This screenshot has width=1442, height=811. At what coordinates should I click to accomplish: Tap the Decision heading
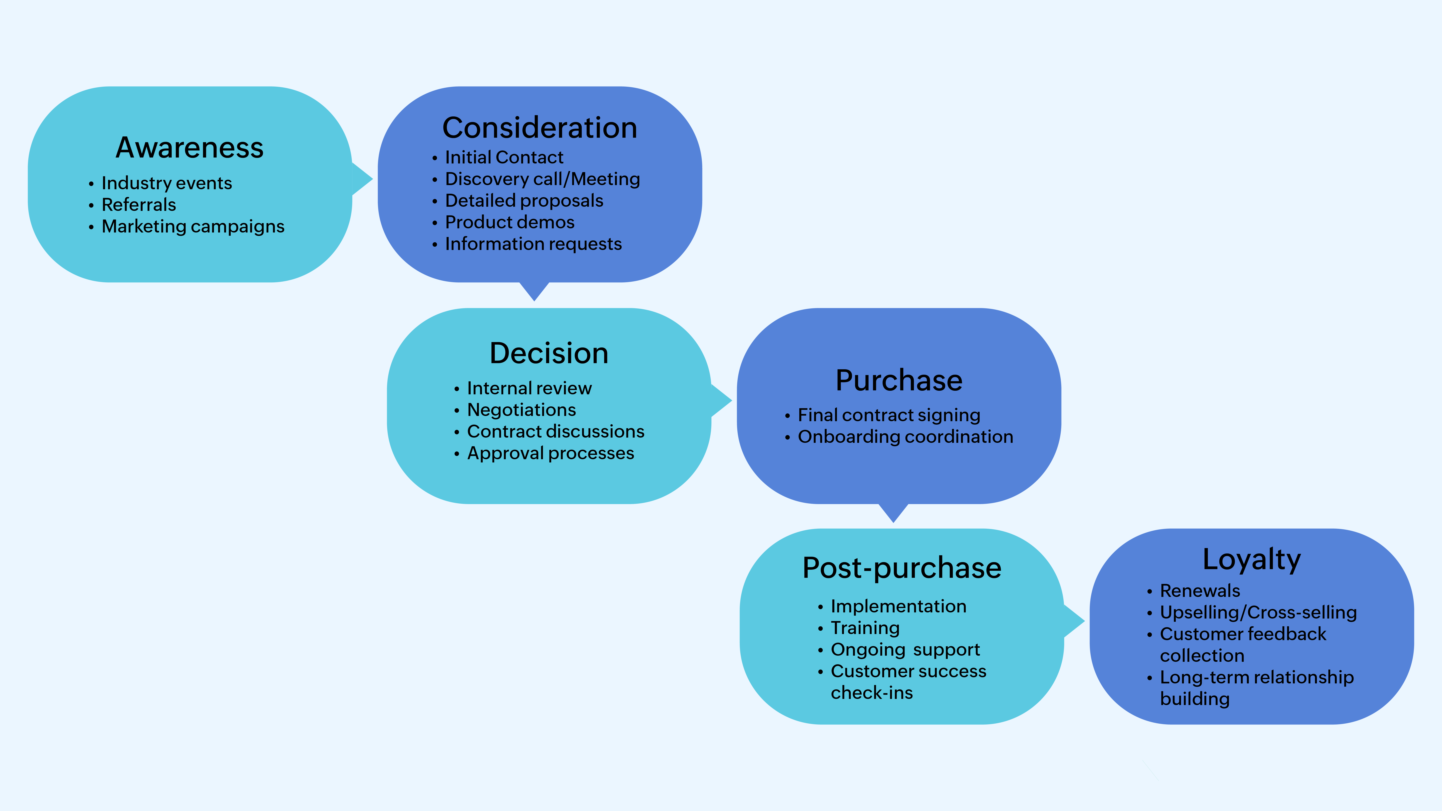(549, 353)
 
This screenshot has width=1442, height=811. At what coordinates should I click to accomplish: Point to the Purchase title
(899, 381)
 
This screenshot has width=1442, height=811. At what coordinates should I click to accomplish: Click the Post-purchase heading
(902, 568)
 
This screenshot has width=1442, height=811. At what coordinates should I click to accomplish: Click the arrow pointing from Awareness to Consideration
(362, 179)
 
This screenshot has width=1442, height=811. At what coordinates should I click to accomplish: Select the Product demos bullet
(509, 222)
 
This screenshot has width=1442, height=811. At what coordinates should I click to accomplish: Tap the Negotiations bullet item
(521, 410)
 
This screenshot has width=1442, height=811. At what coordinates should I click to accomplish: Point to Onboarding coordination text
(905, 436)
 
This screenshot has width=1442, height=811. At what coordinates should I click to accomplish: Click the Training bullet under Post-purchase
(865, 628)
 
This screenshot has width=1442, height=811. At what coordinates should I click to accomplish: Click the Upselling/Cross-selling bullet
(1258, 612)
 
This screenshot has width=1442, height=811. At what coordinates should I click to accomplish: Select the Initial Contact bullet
(504, 157)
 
